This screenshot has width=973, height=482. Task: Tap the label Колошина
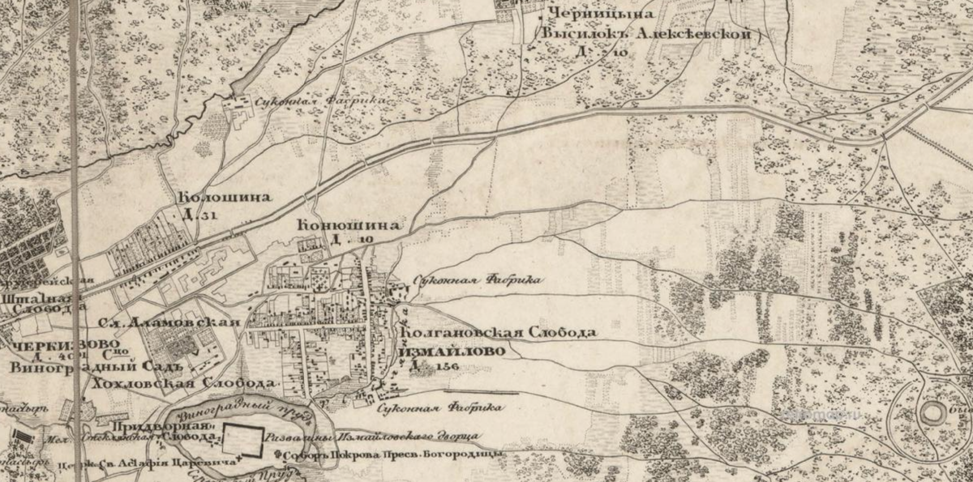[x=224, y=198]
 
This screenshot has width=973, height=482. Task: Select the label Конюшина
[x=349, y=225]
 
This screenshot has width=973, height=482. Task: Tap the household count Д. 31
[x=198, y=215]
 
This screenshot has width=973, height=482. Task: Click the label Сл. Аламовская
[x=169, y=322]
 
